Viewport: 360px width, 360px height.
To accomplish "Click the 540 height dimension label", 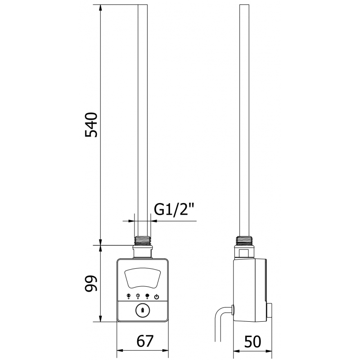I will (91, 125).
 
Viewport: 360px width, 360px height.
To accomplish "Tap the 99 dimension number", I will (91, 283).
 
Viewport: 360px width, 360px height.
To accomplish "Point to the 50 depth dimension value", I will (253, 342).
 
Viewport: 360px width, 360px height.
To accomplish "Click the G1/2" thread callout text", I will (174, 210).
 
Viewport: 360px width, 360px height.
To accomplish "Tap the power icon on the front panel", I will (156, 296).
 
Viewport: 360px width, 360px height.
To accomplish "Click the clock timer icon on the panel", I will (138, 296).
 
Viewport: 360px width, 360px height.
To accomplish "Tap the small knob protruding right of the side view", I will (270, 310).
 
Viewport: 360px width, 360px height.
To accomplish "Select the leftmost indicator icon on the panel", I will (129, 296).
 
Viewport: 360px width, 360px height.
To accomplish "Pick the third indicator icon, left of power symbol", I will (147, 296).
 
